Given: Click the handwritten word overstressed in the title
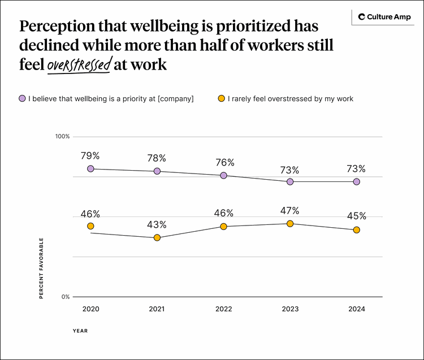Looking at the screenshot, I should (79, 66).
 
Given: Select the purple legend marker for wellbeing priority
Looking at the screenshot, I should (22, 98).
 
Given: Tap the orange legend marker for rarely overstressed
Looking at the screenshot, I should (222, 98).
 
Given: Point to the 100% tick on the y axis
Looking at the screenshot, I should (62, 137).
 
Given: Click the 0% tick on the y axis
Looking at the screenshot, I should (65, 297).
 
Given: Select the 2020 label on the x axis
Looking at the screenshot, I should (90, 309).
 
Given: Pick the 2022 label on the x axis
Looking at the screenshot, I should (224, 309).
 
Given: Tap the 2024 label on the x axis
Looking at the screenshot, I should (357, 309).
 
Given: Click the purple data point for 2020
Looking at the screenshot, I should (90, 168).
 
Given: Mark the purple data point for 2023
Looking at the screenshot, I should (290, 181).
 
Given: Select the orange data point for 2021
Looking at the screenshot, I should (157, 237).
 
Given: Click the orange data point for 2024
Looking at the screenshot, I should (357, 229).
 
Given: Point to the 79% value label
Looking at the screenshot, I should (90, 155).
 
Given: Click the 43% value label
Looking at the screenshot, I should (157, 224).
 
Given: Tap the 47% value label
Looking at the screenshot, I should (290, 211).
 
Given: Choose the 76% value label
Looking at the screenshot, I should (224, 163).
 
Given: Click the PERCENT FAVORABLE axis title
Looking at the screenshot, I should (41, 268).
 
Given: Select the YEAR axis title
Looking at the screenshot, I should (80, 331).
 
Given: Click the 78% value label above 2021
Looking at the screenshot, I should (157, 158).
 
